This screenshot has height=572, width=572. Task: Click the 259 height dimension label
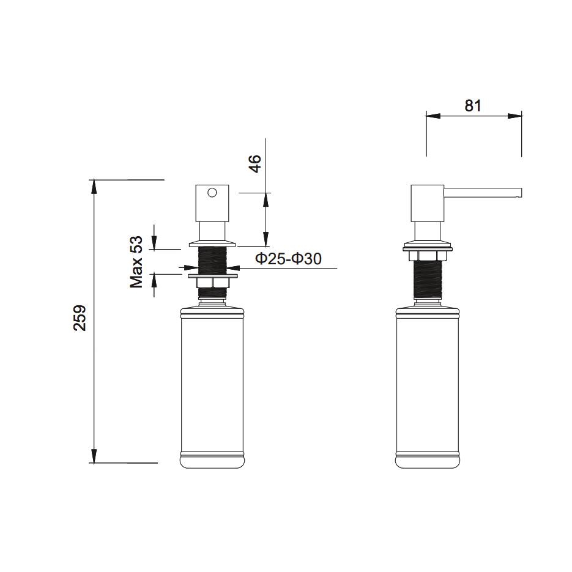[x=80, y=318]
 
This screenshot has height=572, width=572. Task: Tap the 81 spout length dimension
[x=473, y=105]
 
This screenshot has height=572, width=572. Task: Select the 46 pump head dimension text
[x=254, y=164]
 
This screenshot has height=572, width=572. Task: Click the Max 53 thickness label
[x=136, y=261]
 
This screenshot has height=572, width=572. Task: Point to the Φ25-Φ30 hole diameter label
[x=288, y=259]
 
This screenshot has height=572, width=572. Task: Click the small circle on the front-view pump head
[x=212, y=193]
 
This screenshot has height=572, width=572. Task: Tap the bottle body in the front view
[x=212, y=385]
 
